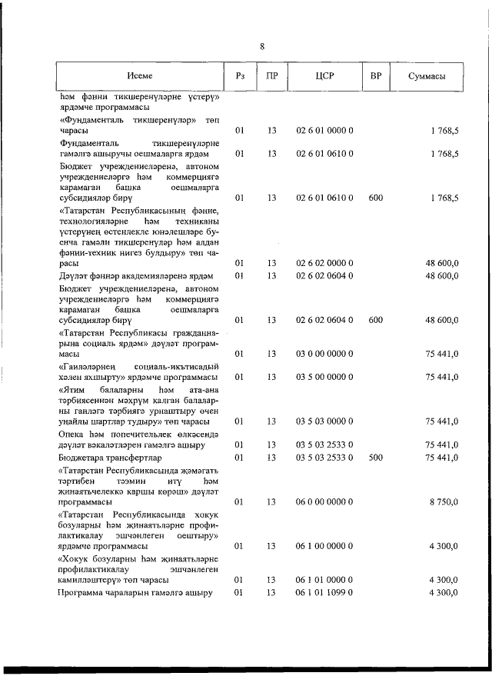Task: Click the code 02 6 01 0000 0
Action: click(x=324, y=132)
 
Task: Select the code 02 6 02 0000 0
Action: click(x=324, y=264)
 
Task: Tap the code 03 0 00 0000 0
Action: click(x=324, y=354)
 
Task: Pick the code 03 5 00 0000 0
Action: click(x=324, y=377)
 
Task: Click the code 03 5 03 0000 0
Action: click(x=324, y=421)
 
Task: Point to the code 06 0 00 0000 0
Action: click(x=324, y=501)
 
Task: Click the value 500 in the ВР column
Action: click(x=375, y=456)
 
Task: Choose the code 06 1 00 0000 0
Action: click(x=324, y=545)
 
